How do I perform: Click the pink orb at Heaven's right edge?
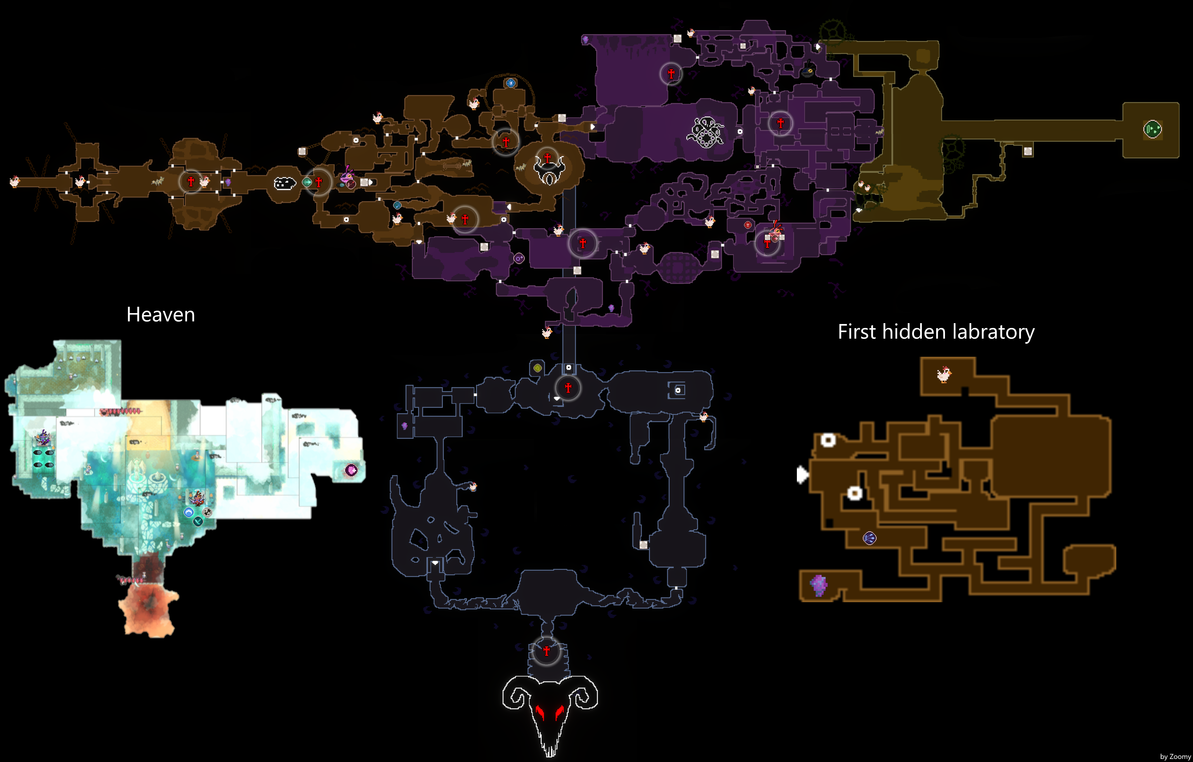pyautogui.click(x=351, y=470)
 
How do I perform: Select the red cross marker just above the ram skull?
pyautogui.click(x=546, y=651)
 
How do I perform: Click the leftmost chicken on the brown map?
pyautogui.click(x=14, y=182)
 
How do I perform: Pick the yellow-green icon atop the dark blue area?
pyautogui.click(x=538, y=368)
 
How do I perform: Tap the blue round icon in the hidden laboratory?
pyautogui.click(x=869, y=538)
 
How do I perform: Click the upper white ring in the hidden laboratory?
pyautogui.click(x=828, y=440)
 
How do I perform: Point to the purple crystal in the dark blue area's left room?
pyautogui.click(x=405, y=426)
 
